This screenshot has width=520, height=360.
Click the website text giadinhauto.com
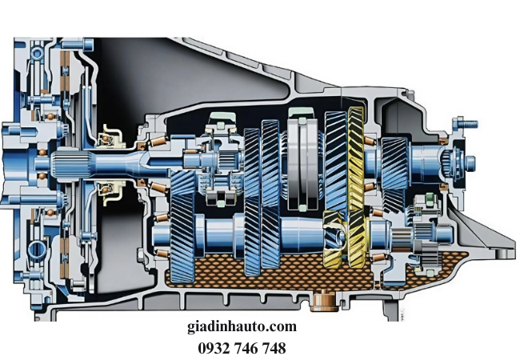pyautogui.click(x=242, y=327)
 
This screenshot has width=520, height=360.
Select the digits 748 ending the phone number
pyautogui.click(x=274, y=348)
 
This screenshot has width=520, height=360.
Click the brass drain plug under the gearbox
pyautogui.click(x=323, y=301)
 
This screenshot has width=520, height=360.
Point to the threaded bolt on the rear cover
pyautogui.click(x=466, y=124)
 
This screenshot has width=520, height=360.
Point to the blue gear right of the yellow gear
pyautogui.click(x=394, y=174)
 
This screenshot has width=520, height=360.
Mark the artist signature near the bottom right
pyautogui.click(x=402, y=314)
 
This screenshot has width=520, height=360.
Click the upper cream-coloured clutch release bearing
pyautogui.click(x=110, y=136)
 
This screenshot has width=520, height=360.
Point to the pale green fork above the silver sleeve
pyautogui.click(x=301, y=112)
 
